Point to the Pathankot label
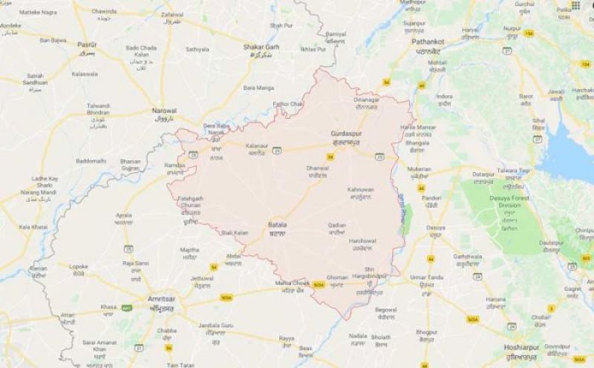pyautogui.click(x=428, y=42)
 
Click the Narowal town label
pyautogui.click(x=164, y=110)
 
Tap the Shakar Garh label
pyautogui.click(x=260, y=47)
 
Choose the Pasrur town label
pyautogui.click(x=87, y=45)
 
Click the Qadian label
pyautogui.click(x=336, y=223)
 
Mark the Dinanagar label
pyautogui.click(x=366, y=99)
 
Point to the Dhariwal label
pyautogui.click(x=317, y=168)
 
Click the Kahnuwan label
pyautogui.click(x=361, y=190)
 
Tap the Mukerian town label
pyautogui.click(x=420, y=168)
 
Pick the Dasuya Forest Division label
pyautogui.click(x=509, y=199)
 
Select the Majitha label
pyautogui.click(x=190, y=250)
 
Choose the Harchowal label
pyautogui.click(x=363, y=240)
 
